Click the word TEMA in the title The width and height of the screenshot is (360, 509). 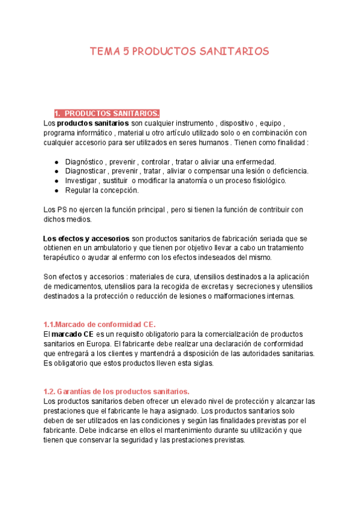pyautogui.click(x=104, y=52)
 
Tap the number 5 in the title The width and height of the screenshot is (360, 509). pyautogui.click(x=126, y=52)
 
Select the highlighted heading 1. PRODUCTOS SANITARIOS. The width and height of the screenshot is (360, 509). pyautogui.click(x=107, y=113)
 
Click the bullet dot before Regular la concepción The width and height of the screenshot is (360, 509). pyautogui.click(x=56, y=190)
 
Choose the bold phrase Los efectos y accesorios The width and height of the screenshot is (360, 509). pyautogui.click(x=86, y=238)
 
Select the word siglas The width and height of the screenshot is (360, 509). pyautogui.click(x=202, y=363)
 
